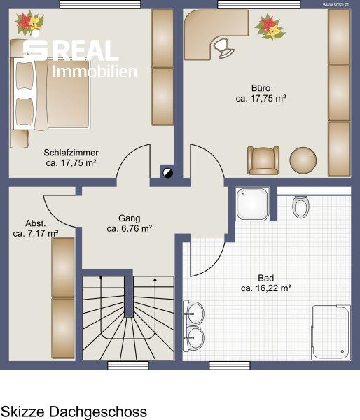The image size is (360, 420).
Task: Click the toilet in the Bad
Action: coord(300,207)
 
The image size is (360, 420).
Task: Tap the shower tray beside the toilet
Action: coord(252,204)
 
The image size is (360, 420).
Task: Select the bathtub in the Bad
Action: coord(331,332)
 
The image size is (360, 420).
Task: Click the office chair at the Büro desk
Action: coord(223,48)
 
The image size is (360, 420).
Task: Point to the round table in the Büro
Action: coord(303,160)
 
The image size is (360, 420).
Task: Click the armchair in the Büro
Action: coord(263,160)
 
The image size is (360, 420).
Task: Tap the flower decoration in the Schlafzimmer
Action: coord(29,23)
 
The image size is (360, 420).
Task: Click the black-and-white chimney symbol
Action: coord(168,173)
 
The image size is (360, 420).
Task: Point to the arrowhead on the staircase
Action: coord(155,280)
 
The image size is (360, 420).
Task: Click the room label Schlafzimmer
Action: coord(71,153)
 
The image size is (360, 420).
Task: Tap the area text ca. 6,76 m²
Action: coord(130,228)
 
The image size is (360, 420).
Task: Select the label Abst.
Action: coord(36,223)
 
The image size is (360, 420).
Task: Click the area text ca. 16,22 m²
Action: coord(266,288)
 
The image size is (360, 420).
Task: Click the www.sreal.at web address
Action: coord(335,5)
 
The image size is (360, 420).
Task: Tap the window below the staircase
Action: coord(128,365)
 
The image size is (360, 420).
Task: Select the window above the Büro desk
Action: coord(259,5)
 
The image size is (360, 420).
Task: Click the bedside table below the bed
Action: coord(20,139)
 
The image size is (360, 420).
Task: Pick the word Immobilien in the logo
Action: coord(95,71)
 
